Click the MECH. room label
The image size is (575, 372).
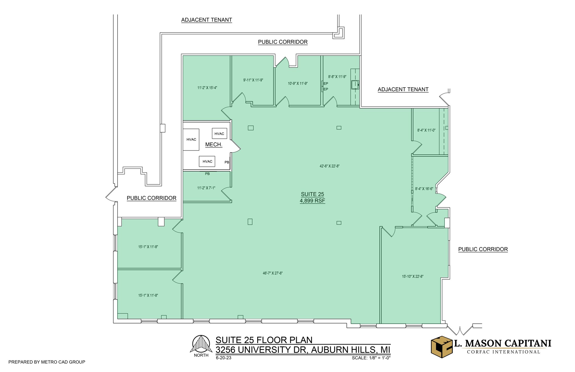[214, 145]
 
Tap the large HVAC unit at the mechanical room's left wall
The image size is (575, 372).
[191, 140]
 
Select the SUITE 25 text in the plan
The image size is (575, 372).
[312, 194]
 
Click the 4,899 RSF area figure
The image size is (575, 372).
[312, 201]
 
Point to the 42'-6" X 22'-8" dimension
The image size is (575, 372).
[329, 166]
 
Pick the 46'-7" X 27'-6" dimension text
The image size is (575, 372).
[272, 273]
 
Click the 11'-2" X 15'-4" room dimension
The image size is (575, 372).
[207, 88]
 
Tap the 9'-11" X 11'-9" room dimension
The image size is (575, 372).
[253, 80]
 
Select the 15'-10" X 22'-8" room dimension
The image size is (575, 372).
[412, 276]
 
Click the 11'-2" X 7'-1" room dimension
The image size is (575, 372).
[206, 188]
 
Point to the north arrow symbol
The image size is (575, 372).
[201, 344]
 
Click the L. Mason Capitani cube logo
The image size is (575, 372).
[442, 347]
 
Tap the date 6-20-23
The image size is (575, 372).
[223, 358]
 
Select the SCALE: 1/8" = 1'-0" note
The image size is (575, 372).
[371, 358]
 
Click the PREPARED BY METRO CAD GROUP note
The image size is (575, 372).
[47, 362]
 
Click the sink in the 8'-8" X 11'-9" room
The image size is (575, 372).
[355, 85]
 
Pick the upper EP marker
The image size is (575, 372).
[326, 84]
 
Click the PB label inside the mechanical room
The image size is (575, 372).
[227, 162]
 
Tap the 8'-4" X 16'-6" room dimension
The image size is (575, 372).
[424, 189]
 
